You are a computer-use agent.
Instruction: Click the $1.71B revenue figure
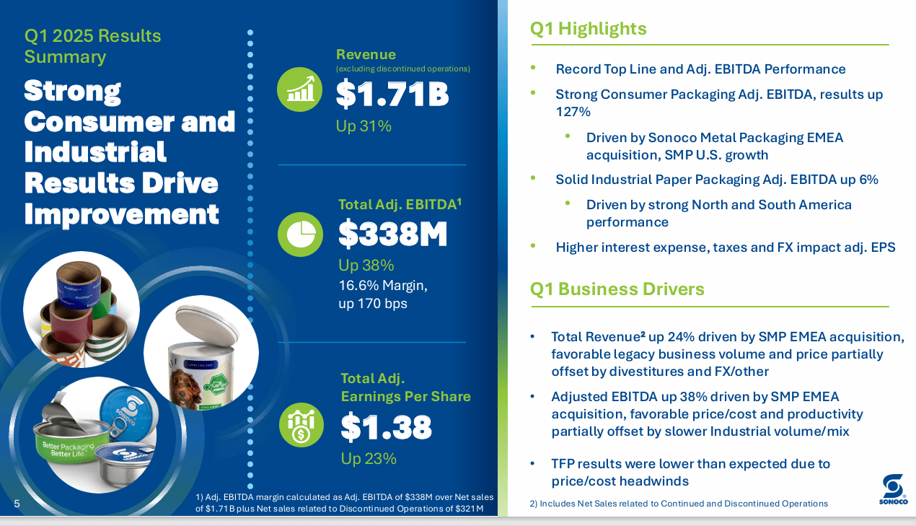click(392, 95)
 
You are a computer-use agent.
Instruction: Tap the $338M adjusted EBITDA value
click(393, 234)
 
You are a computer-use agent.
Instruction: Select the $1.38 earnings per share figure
click(386, 428)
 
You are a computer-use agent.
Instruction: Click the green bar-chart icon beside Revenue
click(299, 89)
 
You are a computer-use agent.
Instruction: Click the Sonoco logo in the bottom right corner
click(893, 489)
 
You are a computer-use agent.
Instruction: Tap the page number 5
click(17, 504)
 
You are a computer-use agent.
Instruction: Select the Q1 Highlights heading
click(588, 29)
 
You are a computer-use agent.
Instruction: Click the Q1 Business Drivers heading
click(617, 289)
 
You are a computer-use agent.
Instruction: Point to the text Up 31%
click(364, 126)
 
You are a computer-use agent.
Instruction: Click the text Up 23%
click(368, 459)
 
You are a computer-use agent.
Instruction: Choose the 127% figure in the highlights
click(573, 112)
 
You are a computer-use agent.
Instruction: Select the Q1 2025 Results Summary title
click(93, 46)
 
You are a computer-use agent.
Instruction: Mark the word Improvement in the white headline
click(121, 214)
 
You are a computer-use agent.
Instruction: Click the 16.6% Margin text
click(382, 286)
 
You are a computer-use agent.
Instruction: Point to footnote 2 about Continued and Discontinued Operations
click(678, 504)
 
